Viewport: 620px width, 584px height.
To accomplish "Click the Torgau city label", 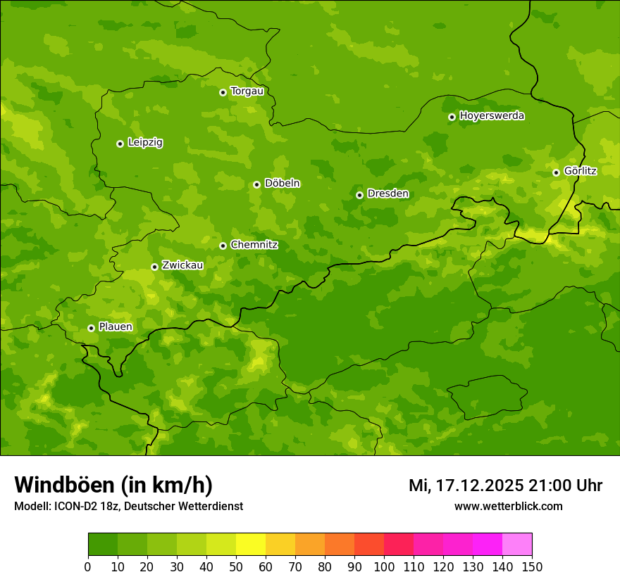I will pyautogui.click(x=247, y=91).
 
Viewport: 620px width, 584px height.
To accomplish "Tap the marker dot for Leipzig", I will pyautogui.click(x=120, y=144).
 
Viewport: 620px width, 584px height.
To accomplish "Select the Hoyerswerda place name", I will pyautogui.click(x=492, y=115).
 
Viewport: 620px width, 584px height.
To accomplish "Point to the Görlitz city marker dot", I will pyautogui.click(x=556, y=172).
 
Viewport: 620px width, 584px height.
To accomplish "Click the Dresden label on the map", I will pyautogui.click(x=387, y=193).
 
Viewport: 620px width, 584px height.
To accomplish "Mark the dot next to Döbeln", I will pyautogui.click(x=256, y=184).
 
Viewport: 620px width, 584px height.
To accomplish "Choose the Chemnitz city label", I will pyautogui.click(x=254, y=245).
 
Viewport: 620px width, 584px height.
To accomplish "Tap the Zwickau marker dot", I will pyautogui.click(x=154, y=267).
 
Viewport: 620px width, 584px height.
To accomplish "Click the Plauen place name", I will pyautogui.click(x=116, y=326).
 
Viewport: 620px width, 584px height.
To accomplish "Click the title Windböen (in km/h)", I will pyautogui.click(x=113, y=485).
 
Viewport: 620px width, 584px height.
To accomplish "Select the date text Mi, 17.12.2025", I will pyautogui.click(x=466, y=485).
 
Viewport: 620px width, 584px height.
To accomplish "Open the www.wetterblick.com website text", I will pyautogui.click(x=508, y=507).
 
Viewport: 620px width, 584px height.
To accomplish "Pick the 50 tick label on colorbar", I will pyautogui.click(x=236, y=566).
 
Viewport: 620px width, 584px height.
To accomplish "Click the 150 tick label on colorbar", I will pyautogui.click(x=532, y=566).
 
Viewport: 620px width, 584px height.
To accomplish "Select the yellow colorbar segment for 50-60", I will pyautogui.click(x=251, y=545).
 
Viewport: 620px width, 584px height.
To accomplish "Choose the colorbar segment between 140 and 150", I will pyautogui.click(x=517, y=545).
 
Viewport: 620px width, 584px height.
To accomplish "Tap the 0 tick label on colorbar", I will pyautogui.click(x=88, y=566).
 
